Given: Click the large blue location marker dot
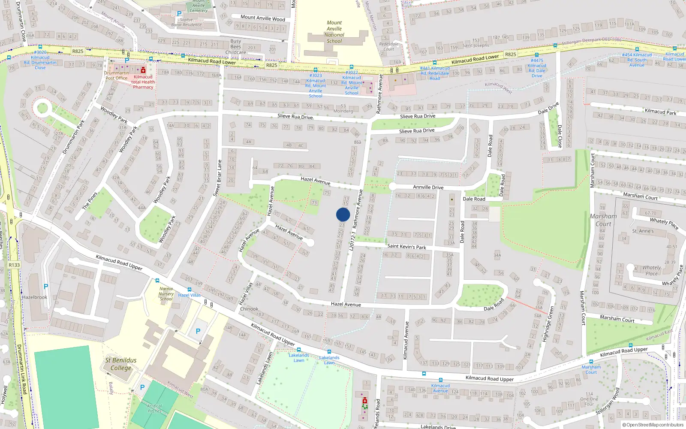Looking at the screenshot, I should (x=343, y=214).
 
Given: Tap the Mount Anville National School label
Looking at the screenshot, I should (x=334, y=32).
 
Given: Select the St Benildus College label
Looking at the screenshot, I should (x=121, y=364).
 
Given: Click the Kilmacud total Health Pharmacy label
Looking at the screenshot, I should (x=143, y=82).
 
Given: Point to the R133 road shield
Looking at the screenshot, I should (x=14, y=265).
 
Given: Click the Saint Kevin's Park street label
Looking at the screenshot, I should (x=406, y=247).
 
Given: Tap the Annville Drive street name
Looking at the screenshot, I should (x=428, y=187).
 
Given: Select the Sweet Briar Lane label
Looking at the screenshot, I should (x=217, y=178).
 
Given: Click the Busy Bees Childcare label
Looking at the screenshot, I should (x=236, y=47).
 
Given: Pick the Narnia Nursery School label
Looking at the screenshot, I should (x=166, y=294).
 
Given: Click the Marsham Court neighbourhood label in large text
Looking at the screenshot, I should (x=603, y=220).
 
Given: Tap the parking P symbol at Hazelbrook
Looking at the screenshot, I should (x=46, y=287).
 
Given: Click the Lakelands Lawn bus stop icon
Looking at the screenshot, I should (x=299, y=350).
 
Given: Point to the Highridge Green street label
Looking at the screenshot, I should (x=548, y=324).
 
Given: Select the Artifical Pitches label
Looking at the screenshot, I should (x=154, y=408).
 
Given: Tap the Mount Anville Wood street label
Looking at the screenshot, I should (x=262, y=18).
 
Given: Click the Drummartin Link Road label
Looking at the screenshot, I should (x=22, y=369).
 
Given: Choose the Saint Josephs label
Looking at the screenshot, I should (x=475, y=45).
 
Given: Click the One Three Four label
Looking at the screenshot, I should (x=589, y=399).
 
